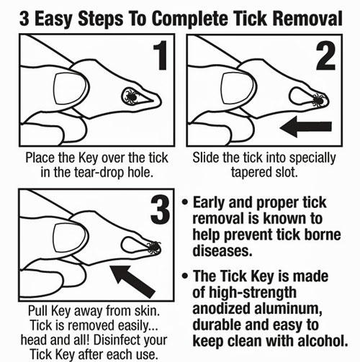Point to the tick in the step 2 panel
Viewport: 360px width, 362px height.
[x=318, y=96]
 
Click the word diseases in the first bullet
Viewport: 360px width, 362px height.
[x=222, y=253]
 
